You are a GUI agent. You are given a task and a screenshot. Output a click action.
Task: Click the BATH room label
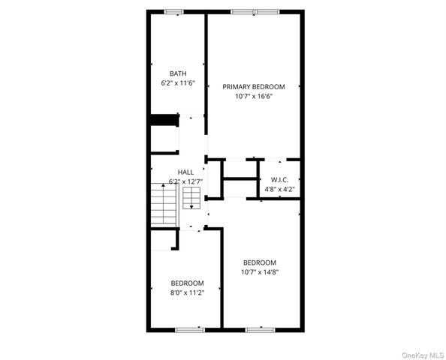178,73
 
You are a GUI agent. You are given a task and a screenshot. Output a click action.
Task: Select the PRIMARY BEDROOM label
254,87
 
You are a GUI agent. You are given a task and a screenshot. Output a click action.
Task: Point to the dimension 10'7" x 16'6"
254,96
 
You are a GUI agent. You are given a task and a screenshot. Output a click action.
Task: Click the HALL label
185,172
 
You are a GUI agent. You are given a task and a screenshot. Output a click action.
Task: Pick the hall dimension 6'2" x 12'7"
185,181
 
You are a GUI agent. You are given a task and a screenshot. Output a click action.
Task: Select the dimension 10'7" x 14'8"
260,272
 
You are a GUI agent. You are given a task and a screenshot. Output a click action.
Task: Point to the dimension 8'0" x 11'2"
187,292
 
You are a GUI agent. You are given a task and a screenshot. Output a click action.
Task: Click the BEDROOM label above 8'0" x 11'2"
187,283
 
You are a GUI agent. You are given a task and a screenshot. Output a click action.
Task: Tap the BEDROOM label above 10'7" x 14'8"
260,262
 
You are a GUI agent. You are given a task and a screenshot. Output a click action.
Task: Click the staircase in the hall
163,204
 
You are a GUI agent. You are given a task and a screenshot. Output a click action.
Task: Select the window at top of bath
175,11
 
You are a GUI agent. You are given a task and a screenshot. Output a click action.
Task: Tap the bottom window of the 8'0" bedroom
189,329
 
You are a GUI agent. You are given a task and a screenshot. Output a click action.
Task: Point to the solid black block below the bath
162,120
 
